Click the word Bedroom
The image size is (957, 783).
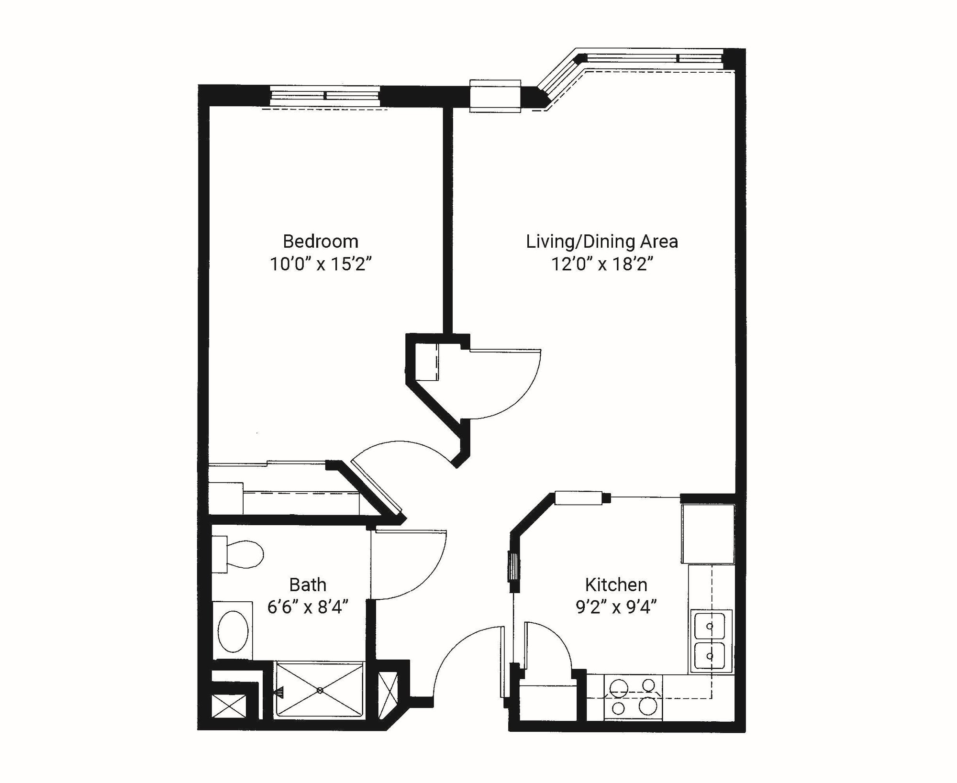(x=320, y=242)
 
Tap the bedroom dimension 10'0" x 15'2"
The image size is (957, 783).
(x=320, y=264)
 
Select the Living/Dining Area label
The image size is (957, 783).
(x=602, y=242)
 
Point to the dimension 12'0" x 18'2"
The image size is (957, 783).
(x=602, y=264)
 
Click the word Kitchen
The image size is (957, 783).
(x=616, y=584)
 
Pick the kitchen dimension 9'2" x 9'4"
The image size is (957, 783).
(x=616, y=607)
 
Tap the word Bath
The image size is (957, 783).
(x=308, y=584)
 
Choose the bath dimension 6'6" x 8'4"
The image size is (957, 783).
(x=308, y=607)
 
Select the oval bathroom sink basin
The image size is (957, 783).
(x=233, y=631)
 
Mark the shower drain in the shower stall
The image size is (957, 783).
(x=320, y=690)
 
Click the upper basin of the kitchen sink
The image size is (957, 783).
(x=710, y=626)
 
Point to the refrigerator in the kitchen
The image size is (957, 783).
(x=708, y=533)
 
